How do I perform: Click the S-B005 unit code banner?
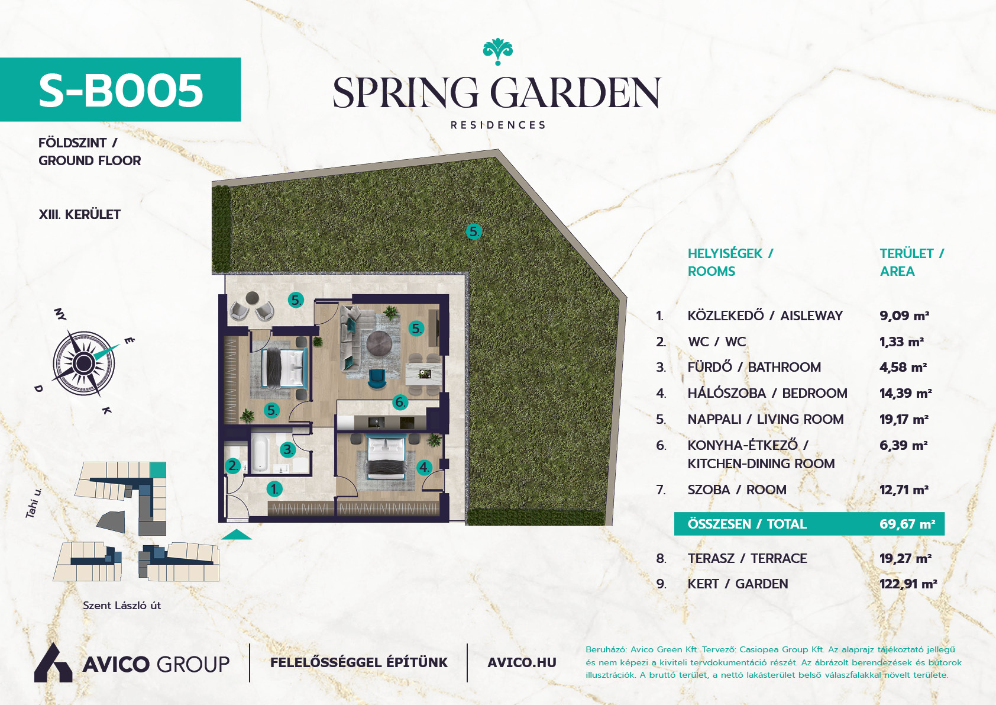120,89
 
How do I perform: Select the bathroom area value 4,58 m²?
903,367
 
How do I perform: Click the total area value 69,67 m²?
907,524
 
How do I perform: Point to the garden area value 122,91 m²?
908,584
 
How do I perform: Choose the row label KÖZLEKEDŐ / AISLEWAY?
765,315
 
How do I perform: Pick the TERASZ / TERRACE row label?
747,558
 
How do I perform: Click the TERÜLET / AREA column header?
911,262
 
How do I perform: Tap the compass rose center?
83,363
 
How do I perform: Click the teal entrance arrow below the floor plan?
236,535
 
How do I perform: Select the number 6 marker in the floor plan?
400,403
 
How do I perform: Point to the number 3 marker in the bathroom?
287,449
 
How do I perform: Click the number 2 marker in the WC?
232,466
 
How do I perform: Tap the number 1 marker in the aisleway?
274,489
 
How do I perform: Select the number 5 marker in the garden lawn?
474,231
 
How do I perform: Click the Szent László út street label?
122,606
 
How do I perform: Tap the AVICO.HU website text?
522,663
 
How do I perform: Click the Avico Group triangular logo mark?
53,663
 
